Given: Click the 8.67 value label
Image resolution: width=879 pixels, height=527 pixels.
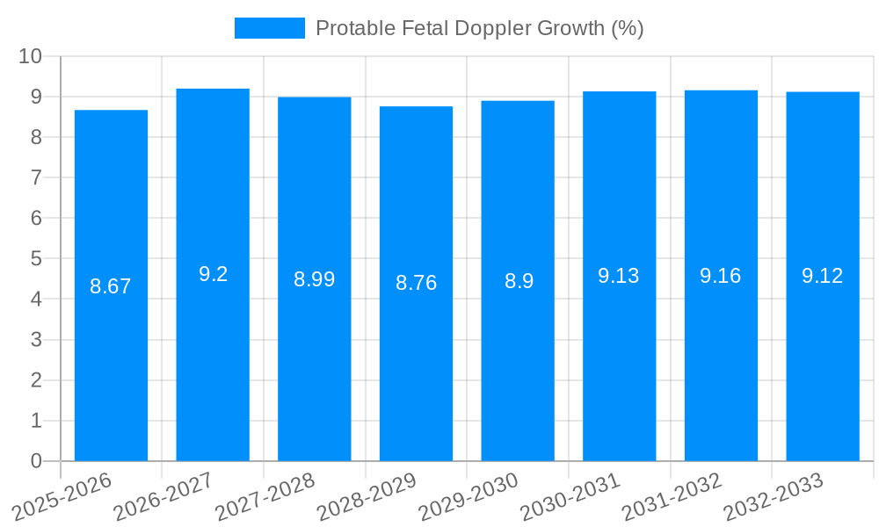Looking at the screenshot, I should coord(111,286).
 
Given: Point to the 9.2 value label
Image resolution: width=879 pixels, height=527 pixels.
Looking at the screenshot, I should coord(213,274).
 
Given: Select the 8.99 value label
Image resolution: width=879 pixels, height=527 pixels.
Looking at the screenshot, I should coord(314,279).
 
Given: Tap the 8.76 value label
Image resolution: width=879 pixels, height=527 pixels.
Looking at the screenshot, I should coord(416,283).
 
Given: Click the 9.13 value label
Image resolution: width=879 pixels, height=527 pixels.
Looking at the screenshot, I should coord(619,276).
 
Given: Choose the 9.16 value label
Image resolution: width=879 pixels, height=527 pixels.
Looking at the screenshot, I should coord(721,276).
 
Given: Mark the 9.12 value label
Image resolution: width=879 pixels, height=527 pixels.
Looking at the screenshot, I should coord(823,276).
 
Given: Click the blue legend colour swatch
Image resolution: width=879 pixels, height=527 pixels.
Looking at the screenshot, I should coord(269,28).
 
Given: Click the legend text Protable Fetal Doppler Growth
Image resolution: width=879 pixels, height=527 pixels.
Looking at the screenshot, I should coord(479,28).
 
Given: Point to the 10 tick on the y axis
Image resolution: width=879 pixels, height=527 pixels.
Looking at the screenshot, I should coord(31,56).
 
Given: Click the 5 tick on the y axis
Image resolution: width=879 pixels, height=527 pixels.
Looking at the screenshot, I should coord(36,259).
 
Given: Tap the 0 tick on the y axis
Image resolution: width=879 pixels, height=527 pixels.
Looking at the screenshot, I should coord(36,461).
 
